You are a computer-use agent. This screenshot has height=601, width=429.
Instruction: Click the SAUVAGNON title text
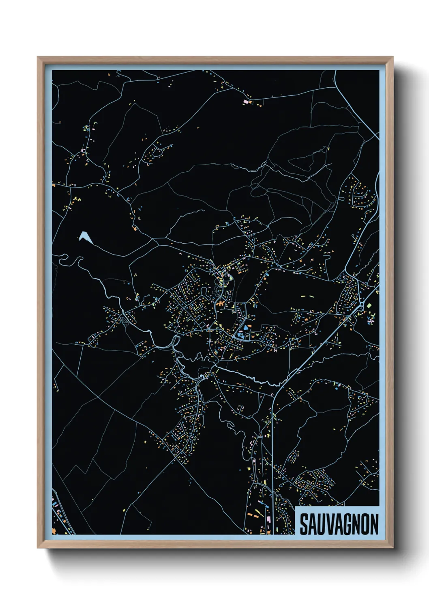coord(339,524)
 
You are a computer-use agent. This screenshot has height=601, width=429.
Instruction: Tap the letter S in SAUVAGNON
coord(304,524)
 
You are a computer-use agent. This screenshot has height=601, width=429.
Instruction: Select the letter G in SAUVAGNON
coord(348,524)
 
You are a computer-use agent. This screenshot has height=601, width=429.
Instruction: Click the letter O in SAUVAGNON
coord(365,524)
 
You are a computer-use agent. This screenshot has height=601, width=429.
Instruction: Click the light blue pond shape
coord(86,237)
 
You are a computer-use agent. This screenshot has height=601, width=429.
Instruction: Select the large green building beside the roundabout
coord(369,305)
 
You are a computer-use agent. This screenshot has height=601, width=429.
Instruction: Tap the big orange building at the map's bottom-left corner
coord(54,530)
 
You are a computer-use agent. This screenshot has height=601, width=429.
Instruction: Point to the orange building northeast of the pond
coord(135,229)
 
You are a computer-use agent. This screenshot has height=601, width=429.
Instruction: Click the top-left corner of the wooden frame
coord(38,57)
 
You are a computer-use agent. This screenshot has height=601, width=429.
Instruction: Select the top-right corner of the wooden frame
coord(393,57)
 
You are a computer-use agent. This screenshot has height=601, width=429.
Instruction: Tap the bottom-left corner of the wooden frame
coord(38,548)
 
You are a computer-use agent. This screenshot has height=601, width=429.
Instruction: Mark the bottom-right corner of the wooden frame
coord(393,548)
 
